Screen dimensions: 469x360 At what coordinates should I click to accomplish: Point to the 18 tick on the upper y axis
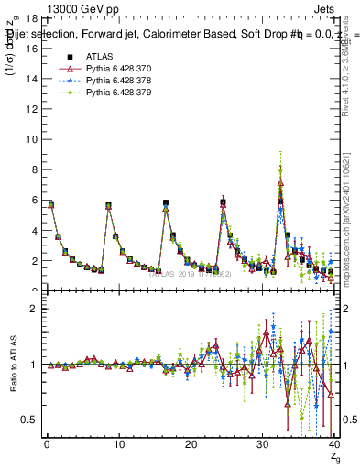(x=33, y=18)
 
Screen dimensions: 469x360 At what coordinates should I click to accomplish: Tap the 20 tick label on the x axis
(x=190, y=445)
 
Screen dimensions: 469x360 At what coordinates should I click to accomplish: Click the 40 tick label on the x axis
(x=333, y=445)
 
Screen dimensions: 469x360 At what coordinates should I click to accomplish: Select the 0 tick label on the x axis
(x=46, y=445)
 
